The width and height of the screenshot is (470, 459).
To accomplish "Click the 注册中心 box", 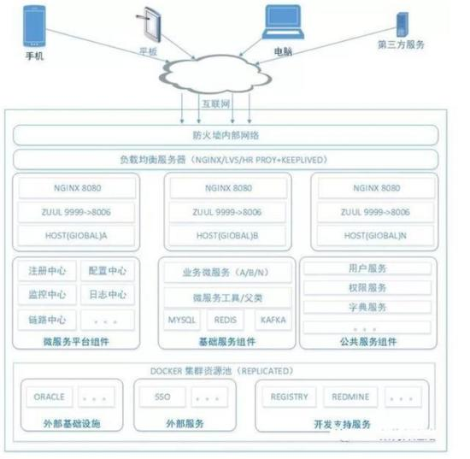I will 46,271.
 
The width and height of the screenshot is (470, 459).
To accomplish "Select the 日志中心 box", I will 107,295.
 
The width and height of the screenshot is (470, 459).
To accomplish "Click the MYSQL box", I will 181,321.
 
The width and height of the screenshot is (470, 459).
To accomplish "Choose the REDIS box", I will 226,321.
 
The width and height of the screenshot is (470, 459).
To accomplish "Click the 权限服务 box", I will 366,287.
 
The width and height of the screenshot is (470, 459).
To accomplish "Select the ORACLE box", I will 49,397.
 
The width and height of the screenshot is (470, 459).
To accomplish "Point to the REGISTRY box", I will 289,397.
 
